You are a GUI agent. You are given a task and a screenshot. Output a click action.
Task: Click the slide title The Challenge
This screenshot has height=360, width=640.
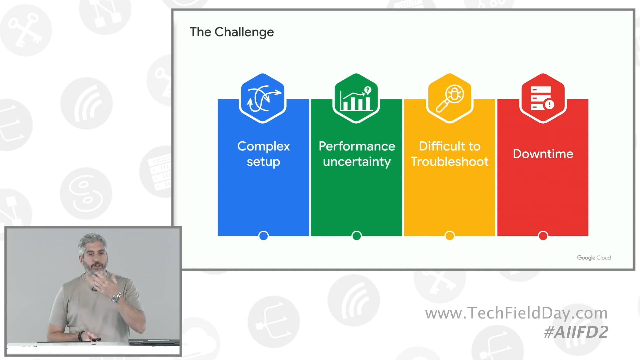[x=232, y=32]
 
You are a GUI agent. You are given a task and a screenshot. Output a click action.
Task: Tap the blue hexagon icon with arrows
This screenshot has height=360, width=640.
[x=263, y=98]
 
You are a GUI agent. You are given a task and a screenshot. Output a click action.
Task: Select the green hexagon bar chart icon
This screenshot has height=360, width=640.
[x=356, y=98]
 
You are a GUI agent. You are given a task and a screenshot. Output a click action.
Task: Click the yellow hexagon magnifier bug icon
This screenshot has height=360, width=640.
[x=450, y=98]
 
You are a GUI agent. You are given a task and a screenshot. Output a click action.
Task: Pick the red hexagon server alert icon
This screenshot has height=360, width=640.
[x=543, y=98]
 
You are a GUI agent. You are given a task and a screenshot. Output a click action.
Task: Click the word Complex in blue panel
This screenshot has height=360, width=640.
[x=263, y=146]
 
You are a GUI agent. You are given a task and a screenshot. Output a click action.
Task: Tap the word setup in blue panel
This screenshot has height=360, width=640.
[x=263, y=162]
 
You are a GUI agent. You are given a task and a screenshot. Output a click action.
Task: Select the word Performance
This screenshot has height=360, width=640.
[x=357, y=146]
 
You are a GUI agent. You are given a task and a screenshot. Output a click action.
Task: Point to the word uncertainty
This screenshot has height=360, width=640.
[x=357, y=162]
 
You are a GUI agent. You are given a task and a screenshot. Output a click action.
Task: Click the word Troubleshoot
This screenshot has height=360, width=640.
[x=450, y=162]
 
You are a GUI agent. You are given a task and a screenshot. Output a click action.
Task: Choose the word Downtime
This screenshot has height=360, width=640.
[x=543, y=154]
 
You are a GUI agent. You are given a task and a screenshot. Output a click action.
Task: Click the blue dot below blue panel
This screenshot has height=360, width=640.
[x=263, y=236]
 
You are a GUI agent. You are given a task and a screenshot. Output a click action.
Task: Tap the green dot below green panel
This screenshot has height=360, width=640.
[x=357, y=236]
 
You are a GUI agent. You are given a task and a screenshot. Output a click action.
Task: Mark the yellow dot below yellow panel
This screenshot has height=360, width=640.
[x=450, y=236]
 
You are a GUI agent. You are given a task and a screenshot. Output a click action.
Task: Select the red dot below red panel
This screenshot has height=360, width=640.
[x=543, y=236]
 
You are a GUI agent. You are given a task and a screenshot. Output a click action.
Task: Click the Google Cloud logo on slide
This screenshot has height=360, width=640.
[x=594, y=258]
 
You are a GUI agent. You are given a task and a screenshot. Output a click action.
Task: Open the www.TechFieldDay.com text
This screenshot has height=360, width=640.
[x=516, y=313]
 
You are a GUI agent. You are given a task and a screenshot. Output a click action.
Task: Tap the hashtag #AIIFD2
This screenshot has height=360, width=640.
[x=576, y=332]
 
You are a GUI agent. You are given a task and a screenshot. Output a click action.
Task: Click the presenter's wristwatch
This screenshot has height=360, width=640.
[x=116, y=298]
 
